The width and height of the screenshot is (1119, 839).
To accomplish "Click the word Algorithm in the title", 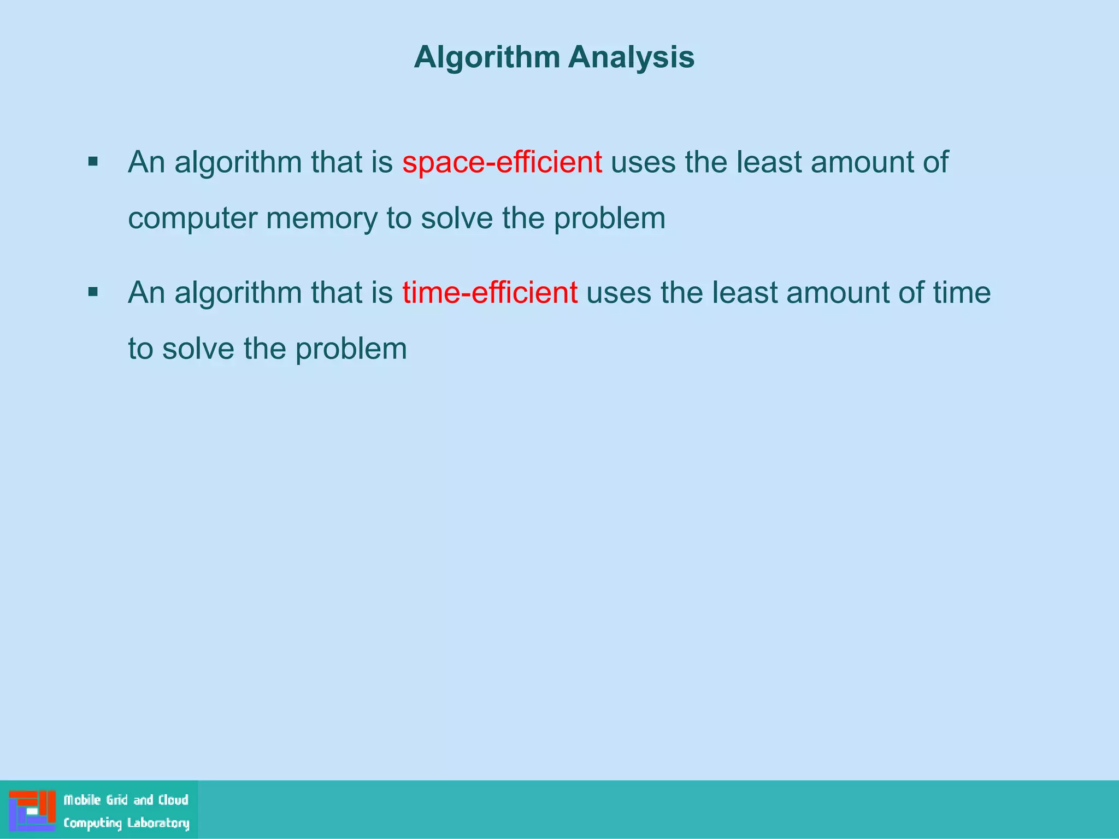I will [487, 57].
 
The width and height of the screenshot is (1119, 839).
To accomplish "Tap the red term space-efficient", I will [502, 162].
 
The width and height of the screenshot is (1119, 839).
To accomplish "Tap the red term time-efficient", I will [490, 293].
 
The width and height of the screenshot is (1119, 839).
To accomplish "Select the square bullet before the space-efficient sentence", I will [93, 162].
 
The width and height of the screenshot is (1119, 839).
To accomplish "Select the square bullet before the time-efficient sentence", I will [93, 292].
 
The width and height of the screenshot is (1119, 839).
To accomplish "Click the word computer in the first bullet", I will [192, 218].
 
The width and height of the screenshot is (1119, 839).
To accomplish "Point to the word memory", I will [321, 218].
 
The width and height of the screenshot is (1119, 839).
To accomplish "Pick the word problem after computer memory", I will [609, 218].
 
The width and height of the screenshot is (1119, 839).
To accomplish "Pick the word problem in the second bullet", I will [351, 349].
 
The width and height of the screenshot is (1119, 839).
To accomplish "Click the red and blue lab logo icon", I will [32, 811].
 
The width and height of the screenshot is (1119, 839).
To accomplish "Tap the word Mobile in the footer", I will [83, 800].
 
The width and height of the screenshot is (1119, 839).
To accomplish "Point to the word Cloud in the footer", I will [173, 800].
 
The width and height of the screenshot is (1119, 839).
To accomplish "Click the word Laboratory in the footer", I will [158, 823].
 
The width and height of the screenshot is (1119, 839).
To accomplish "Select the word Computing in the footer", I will [92, 823].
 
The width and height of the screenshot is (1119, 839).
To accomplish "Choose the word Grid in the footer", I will [117, 800].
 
